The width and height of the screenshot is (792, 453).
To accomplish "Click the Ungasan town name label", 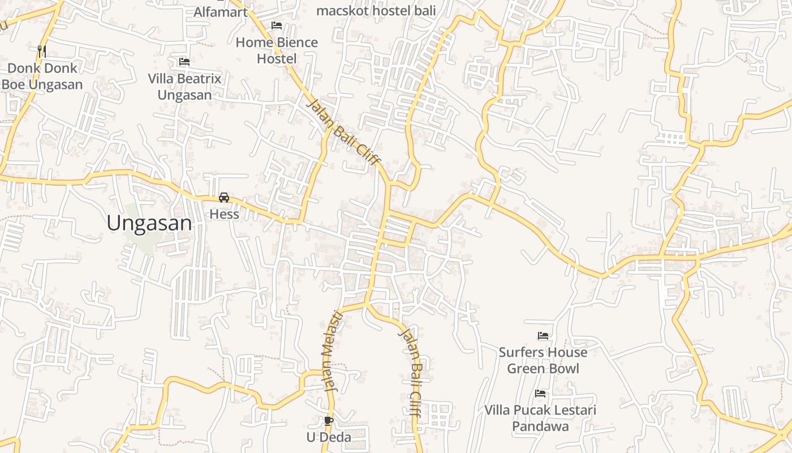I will [x=149, y=223].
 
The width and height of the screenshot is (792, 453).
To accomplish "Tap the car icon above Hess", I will [x=224, y=198].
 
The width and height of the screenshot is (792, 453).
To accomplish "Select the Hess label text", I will [x=224, y=215].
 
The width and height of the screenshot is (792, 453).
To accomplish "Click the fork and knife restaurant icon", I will [x=42, y=51].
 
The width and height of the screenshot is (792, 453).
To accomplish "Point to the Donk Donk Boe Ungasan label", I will [x=42, y=76].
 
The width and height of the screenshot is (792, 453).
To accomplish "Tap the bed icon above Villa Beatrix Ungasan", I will [x=184, y=62].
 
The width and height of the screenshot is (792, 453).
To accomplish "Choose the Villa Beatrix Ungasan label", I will [x=184, y=87].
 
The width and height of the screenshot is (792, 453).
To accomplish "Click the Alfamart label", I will [x=221, y=12].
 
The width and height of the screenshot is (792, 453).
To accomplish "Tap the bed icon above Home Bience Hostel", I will [x=277, y=25].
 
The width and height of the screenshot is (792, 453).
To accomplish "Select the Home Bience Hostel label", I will [x=277, y=50].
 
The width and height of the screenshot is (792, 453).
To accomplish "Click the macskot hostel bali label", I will [x=376, y=10].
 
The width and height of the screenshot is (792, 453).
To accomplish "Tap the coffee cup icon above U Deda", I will [x=329, y=421].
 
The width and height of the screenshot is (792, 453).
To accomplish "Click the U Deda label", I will [x=329, y=437].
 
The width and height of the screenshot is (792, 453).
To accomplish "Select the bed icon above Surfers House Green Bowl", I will [x=543, y=336].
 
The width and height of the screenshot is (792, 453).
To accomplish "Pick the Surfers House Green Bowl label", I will [x=543, y=360].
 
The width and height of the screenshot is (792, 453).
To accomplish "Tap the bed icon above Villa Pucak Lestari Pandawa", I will [x=540, y=394].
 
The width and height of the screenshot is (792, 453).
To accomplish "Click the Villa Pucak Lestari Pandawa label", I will [x=540, y=418].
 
